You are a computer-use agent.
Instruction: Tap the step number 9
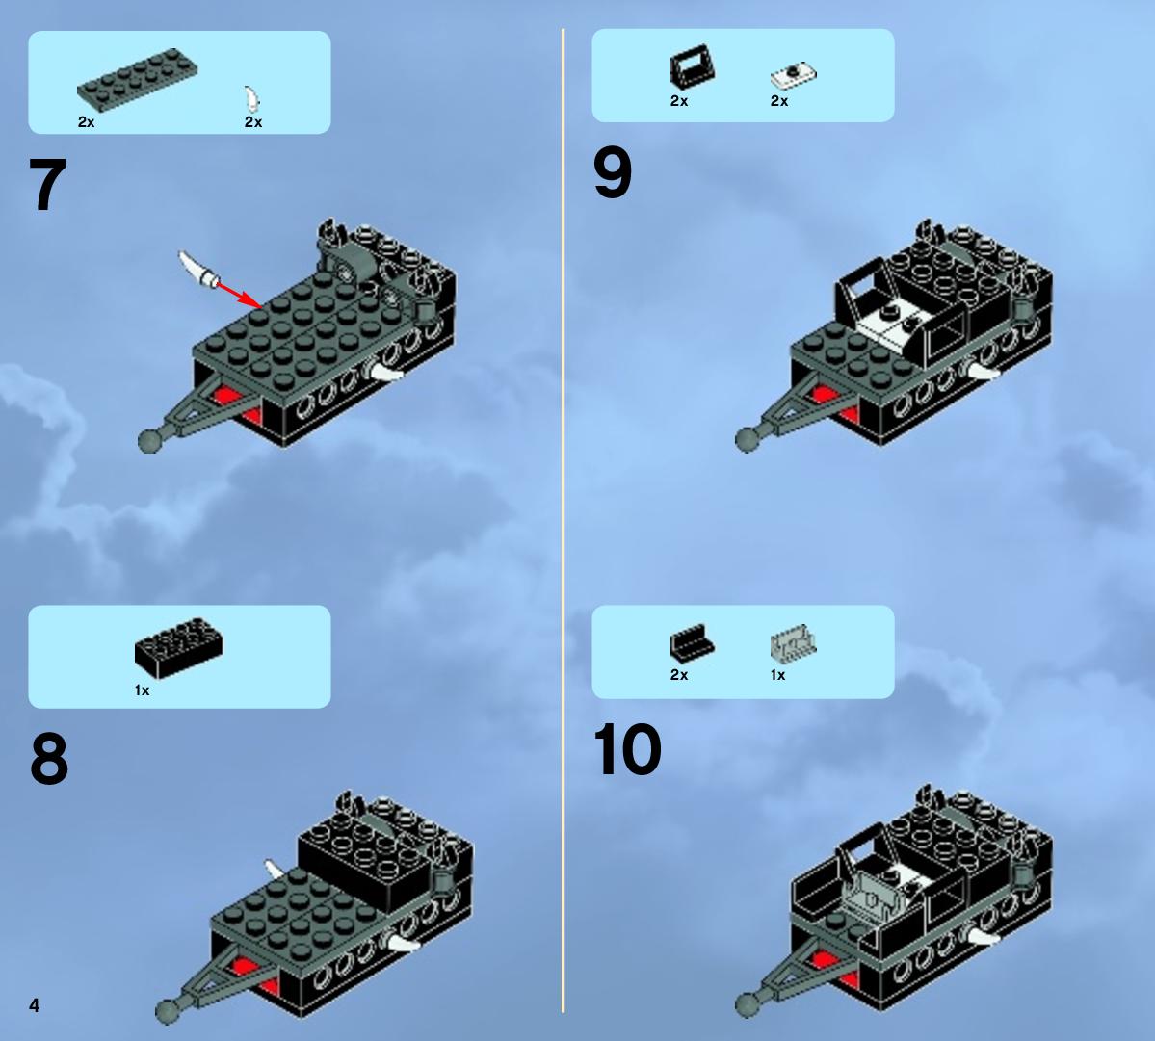pos(612,172)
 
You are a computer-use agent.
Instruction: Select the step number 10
pos(627,748)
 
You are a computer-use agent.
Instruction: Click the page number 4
pos(35,1005)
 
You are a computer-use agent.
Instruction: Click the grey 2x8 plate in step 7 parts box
pos(137,80)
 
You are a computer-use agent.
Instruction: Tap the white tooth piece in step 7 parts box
pos(252,99)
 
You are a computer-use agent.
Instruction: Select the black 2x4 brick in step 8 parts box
pos(178,648)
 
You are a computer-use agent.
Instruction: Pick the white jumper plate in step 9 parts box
pos(794,75)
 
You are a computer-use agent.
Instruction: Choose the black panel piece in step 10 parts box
pos(692,642)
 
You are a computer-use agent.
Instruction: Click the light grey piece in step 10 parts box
pos(794,643)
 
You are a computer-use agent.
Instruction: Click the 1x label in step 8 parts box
pos(143,690)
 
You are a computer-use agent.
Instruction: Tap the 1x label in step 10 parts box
pos(777,675)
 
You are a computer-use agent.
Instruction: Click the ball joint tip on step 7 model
pos(149,441)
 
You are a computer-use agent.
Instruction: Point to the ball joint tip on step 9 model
pos(747,440)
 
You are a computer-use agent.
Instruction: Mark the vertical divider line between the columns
pos(564,520)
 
